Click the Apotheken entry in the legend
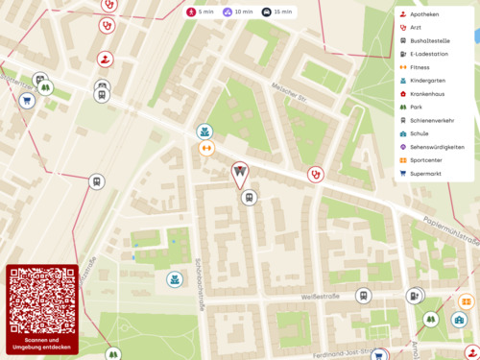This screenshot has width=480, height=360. (423, 14)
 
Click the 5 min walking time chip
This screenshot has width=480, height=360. (200, 12)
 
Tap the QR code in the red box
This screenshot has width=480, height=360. (41, 300)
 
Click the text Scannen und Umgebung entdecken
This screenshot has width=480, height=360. (41, 343)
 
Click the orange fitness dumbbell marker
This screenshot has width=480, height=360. (204, 149)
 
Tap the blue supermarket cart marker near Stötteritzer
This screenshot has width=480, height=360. (28, 100)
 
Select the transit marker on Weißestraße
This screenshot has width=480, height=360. (364, 296)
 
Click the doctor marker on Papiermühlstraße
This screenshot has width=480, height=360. (315, 175)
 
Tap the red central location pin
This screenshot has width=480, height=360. (240, 174)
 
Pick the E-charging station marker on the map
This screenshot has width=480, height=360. (413, 296)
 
